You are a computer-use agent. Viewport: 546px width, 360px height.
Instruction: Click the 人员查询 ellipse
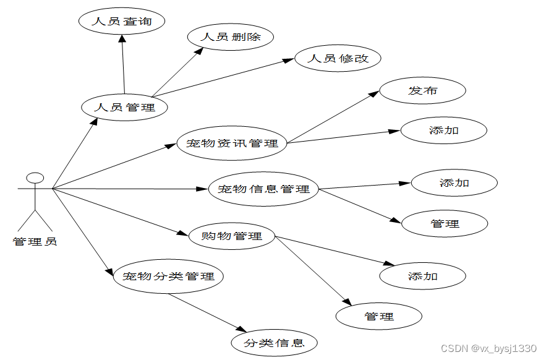pyautogui.click(x=122, y=22)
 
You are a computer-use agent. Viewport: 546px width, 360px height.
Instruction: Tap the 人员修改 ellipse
pyautogui.click(x=338, y=59)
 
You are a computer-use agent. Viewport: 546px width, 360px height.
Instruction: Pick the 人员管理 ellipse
pyautogui.click(x=124, y=107)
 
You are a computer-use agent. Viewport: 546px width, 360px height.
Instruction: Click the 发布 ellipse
pyautogui.click(x=422, y=91)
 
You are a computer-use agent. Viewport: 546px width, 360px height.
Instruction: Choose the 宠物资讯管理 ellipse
pyautogui.click(x=232, y=144)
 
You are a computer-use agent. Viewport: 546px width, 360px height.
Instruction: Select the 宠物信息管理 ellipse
pyautogui.click(x=263, y=189)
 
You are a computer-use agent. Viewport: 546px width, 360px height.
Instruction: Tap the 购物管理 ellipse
pyautogui.click(x=232, y=236)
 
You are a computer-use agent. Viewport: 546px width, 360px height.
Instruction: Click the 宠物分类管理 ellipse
pyautogui.click(x=168, y=276)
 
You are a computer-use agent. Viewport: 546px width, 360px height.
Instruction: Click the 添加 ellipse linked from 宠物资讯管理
pyautogui.click(x=444, y=131)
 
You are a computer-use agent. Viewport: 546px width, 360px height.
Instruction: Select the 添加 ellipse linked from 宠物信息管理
pyautogui.click(x=454, y=182)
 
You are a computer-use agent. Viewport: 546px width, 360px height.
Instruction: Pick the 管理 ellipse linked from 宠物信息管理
pyautogui.click(x=445, y=223)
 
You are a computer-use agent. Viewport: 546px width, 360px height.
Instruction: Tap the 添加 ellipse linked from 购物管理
pyautogui.click(x=422, y=276)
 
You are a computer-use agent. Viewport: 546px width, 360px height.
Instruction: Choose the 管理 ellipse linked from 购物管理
pyautogui.click(x=379, y=316)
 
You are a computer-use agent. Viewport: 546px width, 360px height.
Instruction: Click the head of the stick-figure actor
pyautogui.click(x=35, y=178)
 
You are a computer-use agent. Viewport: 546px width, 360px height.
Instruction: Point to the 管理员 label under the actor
pyautogui.click(x=35, y=241)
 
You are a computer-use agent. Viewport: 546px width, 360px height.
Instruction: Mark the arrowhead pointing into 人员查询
pyautogui.click(x=122, y=38)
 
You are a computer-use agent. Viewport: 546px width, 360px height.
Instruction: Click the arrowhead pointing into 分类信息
pyautogui.click(x=243, y=331)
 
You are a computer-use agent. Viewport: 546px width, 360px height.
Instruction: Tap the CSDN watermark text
pyautogui.click(x=488, y=349)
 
